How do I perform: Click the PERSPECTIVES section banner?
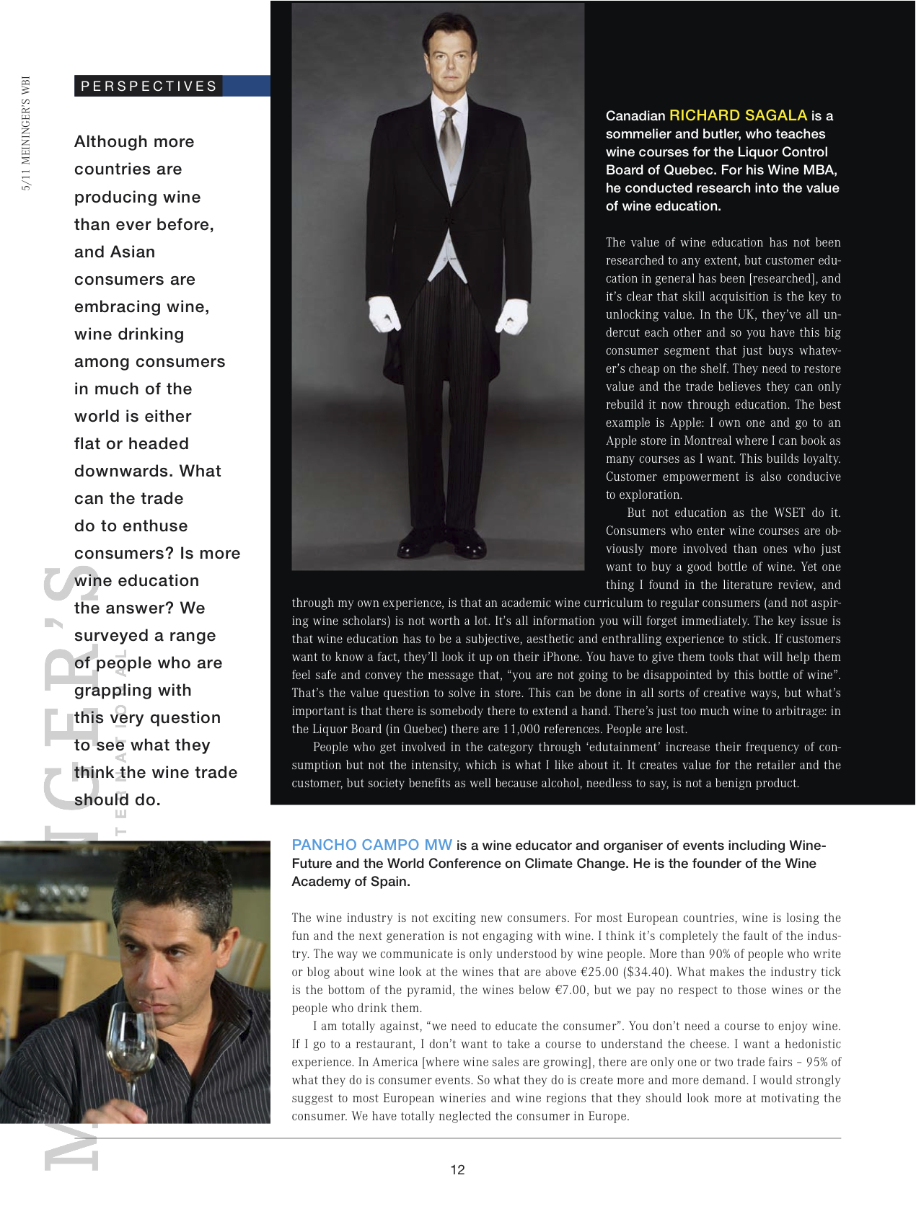tap(149, 86)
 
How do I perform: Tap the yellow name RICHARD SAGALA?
tap(738, 115)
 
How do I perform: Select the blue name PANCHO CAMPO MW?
tap(371, 845)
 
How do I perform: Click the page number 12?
tap(457, 1170)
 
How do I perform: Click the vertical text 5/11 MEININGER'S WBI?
tap(27, 133)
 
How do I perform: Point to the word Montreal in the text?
tap(713, 440)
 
